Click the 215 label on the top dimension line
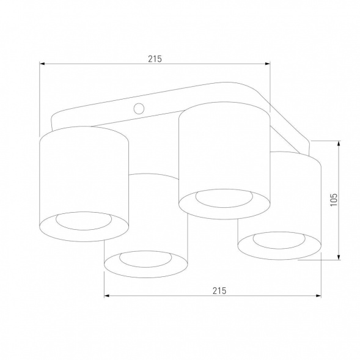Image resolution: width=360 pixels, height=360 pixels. (x=153, y=59)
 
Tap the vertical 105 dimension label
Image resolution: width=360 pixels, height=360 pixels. (x=333, y=200)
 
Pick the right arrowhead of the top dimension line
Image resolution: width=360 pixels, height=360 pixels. (x=266, y=64)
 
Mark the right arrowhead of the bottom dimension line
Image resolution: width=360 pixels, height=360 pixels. (x=318, y=296)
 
